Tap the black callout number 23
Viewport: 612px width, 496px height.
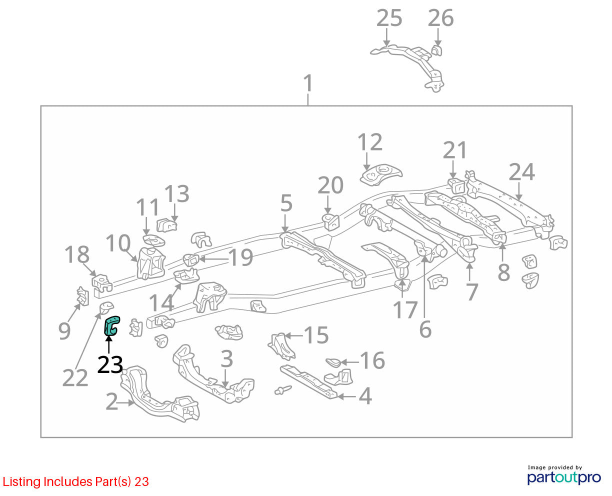click(x=110, y=364)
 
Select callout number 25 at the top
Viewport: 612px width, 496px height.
click(x=389, y=18)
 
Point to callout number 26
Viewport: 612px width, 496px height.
click(x=441, y=18)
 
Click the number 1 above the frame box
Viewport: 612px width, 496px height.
click(x=307, y=83)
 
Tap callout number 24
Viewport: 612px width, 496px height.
click(x=522, y=171)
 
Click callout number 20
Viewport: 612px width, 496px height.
click(x=330, y=185)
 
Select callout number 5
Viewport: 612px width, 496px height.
click(x=286, y=203)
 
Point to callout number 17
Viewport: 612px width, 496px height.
click(x=405, y=309)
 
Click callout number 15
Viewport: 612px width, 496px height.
click(x=316, y=335)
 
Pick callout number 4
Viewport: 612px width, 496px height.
click(x=365, y=395)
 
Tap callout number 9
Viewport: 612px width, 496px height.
click(x=64, y=331)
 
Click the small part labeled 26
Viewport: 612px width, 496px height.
click(x=437, y=50)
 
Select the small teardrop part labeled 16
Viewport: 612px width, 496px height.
click(x=333, y=362)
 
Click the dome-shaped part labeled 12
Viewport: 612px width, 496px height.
click(x=380, y=174)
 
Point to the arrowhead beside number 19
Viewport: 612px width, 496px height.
click(x=202, y=259)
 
